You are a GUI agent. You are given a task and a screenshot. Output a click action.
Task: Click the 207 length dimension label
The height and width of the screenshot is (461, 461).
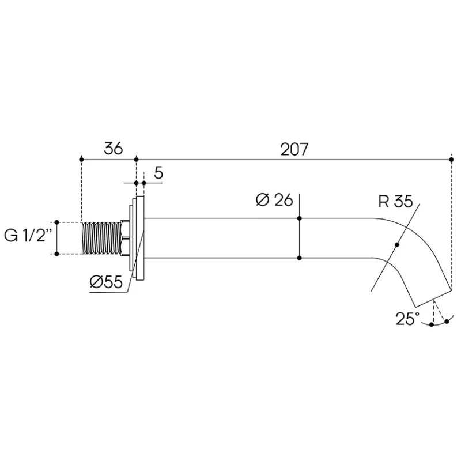coord(294,149)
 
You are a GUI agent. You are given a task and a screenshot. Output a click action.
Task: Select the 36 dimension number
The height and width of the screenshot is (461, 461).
coord(113,149)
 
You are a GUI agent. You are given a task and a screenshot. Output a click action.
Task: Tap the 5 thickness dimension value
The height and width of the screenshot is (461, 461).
coord(158,173)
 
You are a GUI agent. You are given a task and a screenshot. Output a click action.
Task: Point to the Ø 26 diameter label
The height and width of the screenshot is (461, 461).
coord(274,200)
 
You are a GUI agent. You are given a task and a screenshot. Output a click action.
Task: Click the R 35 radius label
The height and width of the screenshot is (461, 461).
coord(395,201)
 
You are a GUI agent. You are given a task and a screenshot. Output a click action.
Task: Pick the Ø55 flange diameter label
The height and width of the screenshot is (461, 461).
coord(106,282)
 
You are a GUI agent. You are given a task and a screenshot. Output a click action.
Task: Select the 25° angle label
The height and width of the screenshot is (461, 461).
coord(407,319)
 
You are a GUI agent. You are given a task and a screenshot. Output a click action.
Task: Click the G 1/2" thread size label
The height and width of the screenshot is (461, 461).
coord(28,236)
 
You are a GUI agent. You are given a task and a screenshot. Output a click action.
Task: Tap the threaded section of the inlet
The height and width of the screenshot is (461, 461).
coord(101,238)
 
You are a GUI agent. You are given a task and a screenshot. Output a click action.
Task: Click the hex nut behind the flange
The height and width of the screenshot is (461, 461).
coord(125,238)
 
